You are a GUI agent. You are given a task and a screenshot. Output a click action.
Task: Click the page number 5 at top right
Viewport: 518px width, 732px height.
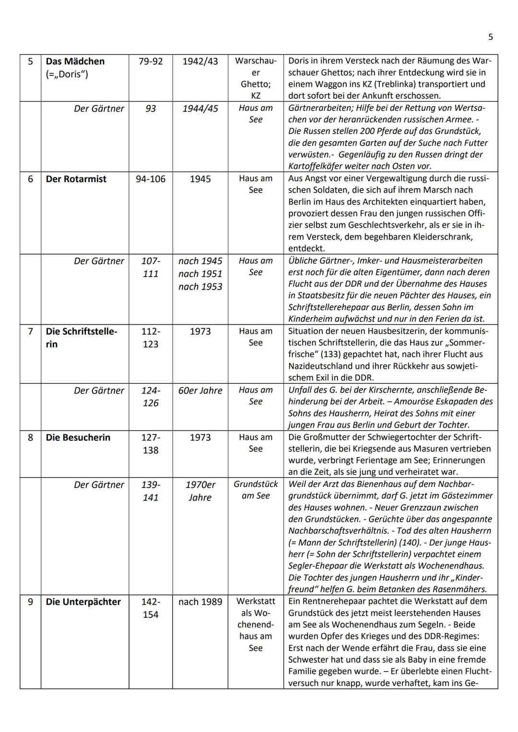490,37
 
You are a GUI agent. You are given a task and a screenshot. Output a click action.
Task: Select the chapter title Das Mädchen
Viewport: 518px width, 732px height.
75,61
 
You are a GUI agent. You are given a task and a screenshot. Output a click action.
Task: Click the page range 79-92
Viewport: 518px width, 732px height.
151,61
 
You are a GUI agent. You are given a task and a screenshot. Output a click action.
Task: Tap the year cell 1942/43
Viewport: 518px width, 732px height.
200,61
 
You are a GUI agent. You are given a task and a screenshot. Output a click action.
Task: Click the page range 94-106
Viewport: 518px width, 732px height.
151,179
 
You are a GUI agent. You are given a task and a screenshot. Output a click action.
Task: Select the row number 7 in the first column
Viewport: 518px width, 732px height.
30,331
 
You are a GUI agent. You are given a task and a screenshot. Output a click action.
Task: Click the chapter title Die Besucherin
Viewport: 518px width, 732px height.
78,437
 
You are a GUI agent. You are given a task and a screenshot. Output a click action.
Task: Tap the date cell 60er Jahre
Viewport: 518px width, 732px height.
200,390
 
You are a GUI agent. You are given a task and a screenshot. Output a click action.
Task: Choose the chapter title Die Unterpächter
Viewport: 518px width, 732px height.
83,602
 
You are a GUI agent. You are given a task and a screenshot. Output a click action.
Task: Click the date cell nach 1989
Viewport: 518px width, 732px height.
200,602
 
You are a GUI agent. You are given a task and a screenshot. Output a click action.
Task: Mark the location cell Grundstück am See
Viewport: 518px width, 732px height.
256,490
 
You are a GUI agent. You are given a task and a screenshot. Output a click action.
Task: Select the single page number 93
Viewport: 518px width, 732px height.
151,108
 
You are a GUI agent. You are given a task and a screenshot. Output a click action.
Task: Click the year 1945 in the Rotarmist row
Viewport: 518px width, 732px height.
200,179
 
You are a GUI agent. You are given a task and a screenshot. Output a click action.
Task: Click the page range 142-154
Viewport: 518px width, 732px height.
151,608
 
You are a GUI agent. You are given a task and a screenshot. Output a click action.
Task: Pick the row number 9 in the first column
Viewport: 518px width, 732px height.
30,602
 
